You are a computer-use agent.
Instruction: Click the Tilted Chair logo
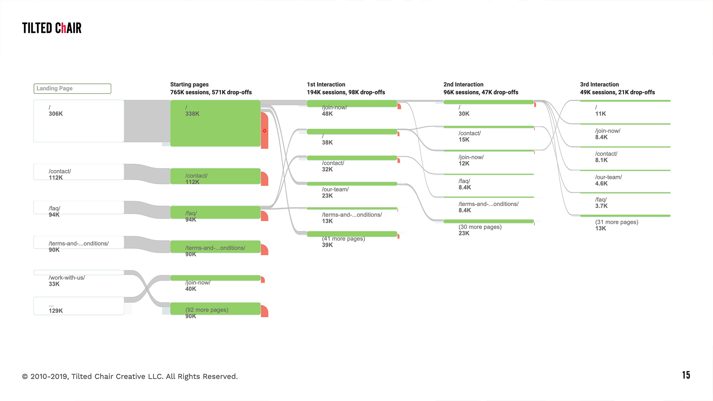52,28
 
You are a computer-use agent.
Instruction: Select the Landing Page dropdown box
72,88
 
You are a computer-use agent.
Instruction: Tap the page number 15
686,375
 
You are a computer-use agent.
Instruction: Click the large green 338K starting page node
215,123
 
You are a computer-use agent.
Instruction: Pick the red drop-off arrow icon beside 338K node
264,131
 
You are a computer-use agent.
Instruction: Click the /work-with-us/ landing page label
67,278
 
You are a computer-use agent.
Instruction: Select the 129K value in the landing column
56,311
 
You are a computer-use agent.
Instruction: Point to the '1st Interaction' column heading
326,85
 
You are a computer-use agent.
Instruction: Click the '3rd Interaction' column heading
599,85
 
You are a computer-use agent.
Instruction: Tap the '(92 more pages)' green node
215,309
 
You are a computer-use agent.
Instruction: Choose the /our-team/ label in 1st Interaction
335,189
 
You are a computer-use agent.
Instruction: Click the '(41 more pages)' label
344,239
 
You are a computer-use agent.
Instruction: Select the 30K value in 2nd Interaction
464,114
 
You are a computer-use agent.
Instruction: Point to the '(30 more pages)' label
480,227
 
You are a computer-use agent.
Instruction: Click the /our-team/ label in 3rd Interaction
609,177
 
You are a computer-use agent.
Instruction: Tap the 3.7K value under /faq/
601,206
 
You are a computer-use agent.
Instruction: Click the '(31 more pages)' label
617,222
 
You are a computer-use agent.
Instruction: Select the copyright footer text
130,376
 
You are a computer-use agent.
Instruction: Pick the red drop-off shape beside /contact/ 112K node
264,179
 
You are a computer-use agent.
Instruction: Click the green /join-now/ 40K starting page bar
215,278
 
